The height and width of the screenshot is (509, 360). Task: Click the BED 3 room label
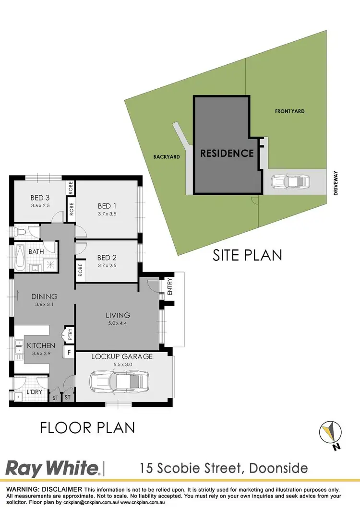click(40, 198)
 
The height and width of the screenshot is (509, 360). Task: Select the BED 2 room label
click(107, 257)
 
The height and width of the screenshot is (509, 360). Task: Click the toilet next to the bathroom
click(21, 232)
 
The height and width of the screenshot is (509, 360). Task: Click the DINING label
click(44, 296)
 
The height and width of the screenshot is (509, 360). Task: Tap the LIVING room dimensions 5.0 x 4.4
click(118, 323)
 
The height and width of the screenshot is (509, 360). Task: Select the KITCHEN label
click(41, 345)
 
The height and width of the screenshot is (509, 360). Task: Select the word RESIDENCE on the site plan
click(227, 154)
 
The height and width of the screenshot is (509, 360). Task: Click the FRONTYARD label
click(289, 111)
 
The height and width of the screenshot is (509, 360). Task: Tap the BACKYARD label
click(167, 157)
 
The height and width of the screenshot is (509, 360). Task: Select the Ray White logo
click(52, 467)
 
